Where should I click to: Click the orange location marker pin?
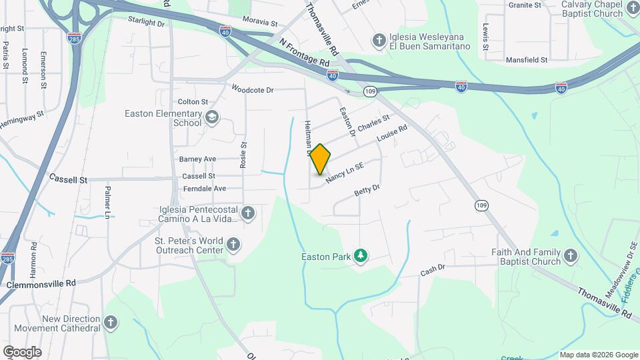320,159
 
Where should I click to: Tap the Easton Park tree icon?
361,256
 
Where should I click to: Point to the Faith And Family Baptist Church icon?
571,256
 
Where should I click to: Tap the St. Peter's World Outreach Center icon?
233,245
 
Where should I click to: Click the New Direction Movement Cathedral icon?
111,323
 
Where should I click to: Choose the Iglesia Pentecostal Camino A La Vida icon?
248,213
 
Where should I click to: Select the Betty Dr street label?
367,191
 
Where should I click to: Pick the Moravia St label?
259,23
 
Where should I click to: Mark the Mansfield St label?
526,60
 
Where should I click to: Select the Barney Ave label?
197,159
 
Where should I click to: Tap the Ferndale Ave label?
203,189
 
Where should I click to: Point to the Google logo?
22,351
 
